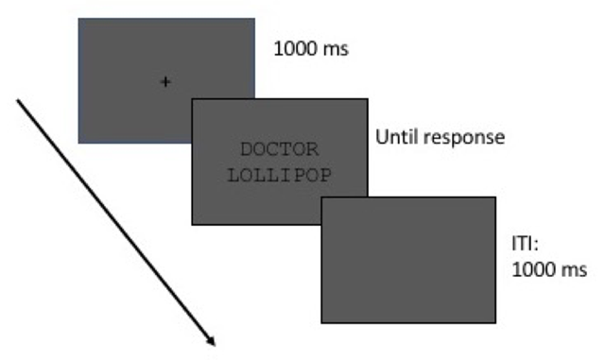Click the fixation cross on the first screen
(x=166, y=82)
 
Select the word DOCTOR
(x=280, y=148)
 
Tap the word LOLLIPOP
(x=280, y=174)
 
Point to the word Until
(x=396, y=137)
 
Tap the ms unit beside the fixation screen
(x=336, y=48)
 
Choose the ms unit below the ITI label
(x=574, y=270)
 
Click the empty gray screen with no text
(x=408, y=260)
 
